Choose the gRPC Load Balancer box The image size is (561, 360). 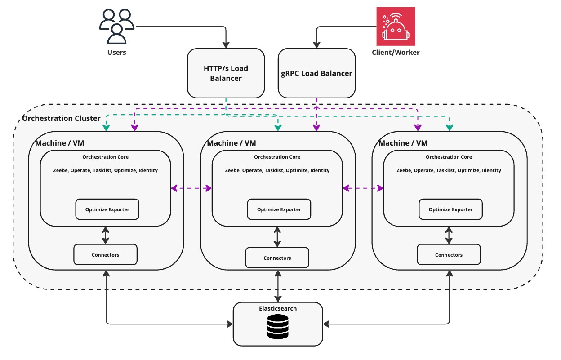click(316, 73)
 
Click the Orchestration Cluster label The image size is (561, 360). click(61, 118)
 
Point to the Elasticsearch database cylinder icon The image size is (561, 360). click(278, 326)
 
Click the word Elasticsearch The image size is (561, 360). click(278, 308)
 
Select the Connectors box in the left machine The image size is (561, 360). click(105, 255)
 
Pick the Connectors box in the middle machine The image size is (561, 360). click(277, 258)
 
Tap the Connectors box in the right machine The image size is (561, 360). click(449, 255)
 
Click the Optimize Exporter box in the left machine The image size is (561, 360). click(107, 209)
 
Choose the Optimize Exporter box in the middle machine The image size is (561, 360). click(279, 209)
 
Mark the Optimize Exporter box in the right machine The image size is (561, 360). click(450, 209)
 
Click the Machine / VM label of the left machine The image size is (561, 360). click(60, 143)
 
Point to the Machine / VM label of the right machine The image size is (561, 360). click(403, 143)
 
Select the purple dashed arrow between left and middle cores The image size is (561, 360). click(191, 188)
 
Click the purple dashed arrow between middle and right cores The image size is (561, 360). click(363, 188)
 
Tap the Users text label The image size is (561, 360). click(116, 52)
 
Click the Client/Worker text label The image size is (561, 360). click(396, 52)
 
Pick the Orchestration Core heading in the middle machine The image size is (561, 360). click(277, 157)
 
